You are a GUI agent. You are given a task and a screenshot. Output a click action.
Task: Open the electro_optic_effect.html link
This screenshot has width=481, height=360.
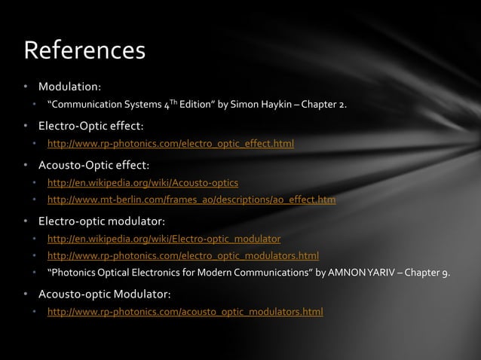click(170, 144)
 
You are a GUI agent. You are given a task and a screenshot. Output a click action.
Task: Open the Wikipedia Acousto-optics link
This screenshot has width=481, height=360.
click(142, 183)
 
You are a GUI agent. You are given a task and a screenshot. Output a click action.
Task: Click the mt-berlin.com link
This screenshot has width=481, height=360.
click(191, 200)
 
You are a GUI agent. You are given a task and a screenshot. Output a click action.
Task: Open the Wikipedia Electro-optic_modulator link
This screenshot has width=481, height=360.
click(164, 239)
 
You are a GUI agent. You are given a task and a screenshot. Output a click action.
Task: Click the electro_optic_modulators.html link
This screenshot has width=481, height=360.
click(183, 256)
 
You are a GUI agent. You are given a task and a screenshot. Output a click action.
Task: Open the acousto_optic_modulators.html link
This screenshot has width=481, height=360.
click(185, 312)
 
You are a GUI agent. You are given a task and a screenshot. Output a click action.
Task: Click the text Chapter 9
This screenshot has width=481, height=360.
click(429, 273)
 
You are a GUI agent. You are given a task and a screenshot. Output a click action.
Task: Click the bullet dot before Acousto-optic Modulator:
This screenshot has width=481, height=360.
click(27, 293)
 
